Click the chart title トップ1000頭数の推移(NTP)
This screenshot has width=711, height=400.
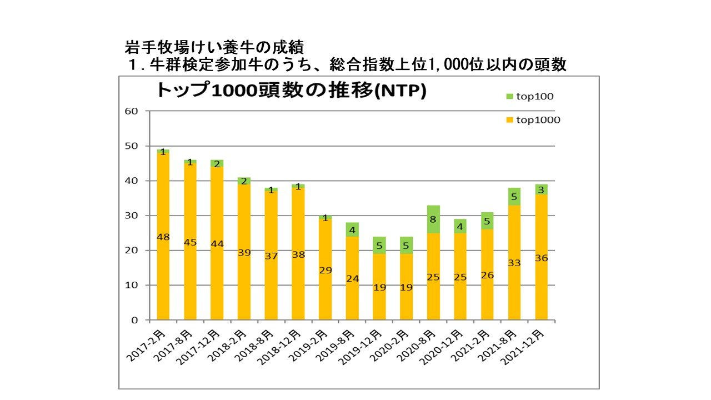tap(291, 91)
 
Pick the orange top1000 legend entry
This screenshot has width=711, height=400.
tap(534, 119)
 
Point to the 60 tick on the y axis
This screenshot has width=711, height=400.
tap(131, 111)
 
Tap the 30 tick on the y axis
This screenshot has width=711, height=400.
tap(131, 216)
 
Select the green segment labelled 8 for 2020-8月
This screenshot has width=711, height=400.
tap(433, 219)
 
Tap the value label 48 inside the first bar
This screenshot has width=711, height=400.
tap(163, 237)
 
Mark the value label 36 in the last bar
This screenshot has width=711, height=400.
tap(541, 258)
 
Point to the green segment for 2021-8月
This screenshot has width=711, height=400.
tap(514, 197)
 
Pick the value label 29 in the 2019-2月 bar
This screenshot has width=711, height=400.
tap(326, 270)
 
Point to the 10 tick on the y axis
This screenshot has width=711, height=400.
tap(131, 286)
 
